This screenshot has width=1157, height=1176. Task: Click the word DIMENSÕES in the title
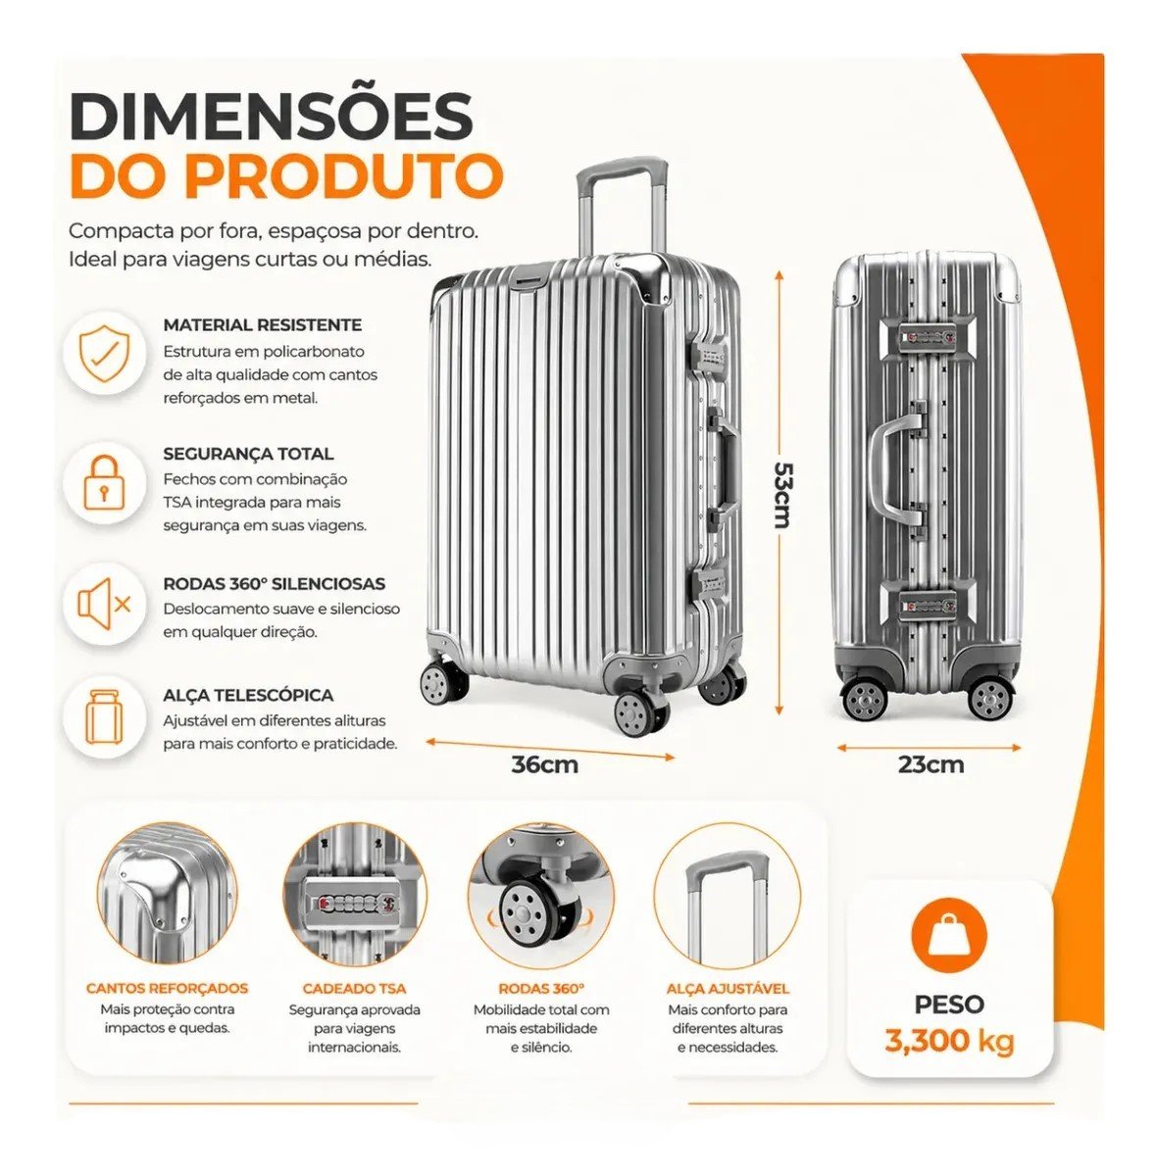click(272, 116)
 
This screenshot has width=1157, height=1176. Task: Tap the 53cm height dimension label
click(782, 494)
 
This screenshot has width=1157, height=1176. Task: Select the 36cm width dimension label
click(545, 764)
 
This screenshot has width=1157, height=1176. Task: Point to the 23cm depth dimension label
click(931, 764)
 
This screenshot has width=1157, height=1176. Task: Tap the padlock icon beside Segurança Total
click(104, 482)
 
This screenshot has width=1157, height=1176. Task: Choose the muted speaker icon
click(104, 605)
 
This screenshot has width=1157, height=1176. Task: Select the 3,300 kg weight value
click(949, 1041)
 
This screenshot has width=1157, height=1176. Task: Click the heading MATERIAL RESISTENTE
click(263, 324)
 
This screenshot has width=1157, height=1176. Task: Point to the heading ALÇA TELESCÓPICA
click(248, 695)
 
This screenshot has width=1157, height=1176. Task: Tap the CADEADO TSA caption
click(354, 989)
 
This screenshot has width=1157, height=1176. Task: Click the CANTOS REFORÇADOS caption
click(168, 989)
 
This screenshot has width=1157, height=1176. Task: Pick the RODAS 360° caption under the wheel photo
click(541, 989)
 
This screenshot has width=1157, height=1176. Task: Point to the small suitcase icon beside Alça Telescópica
click(104, 718)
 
